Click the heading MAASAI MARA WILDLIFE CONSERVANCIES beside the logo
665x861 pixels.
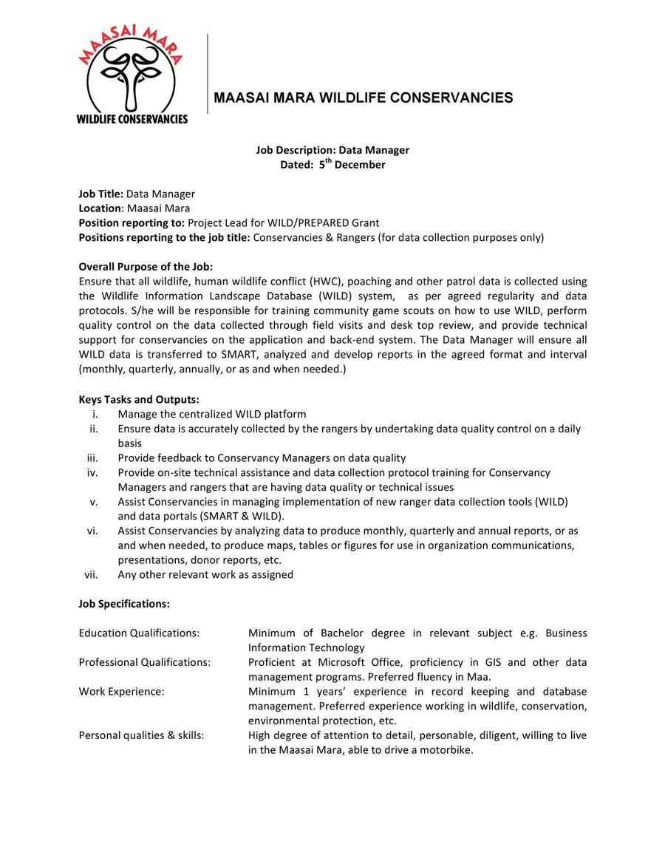pos(363,98)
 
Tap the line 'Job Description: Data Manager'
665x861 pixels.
pos(332,150)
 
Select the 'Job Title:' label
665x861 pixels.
pos(100,194)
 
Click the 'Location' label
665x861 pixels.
pos(99,208)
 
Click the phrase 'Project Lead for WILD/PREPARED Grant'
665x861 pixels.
pos(283,222)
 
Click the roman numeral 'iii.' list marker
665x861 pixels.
pos(93,458)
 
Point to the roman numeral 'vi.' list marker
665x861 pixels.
pos(93,531)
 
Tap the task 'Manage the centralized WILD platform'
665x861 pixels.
pos(211,414)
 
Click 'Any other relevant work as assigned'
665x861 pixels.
pos(205,574)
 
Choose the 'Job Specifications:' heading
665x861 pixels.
pos(124,604)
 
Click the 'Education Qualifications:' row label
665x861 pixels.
pos(139,633)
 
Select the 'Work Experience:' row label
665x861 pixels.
pos(121,692)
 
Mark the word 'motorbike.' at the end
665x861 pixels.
pos(446,750)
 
